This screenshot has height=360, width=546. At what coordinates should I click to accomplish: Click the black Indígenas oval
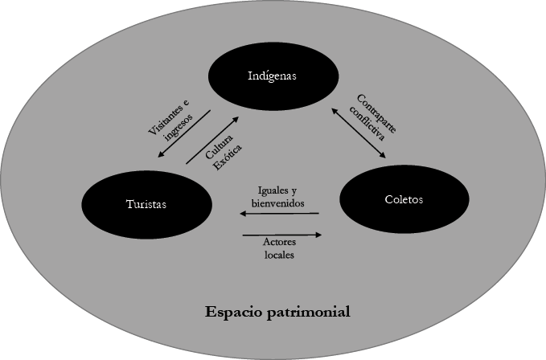(272, 77)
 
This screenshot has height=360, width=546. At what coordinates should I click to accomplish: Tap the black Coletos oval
(404, 199)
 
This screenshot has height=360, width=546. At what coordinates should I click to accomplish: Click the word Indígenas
(272, 77)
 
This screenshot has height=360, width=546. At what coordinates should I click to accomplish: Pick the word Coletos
(404, 199)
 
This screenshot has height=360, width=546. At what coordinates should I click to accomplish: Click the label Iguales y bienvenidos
(280, 197)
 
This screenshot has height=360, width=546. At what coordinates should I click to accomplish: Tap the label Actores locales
(280, 247)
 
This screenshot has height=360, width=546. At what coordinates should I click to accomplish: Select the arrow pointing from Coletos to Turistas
(279, 214)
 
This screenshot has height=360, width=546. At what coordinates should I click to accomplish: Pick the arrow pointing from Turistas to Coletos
(281, 235)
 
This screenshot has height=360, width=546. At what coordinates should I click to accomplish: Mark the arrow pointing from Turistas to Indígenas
(212, 140)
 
